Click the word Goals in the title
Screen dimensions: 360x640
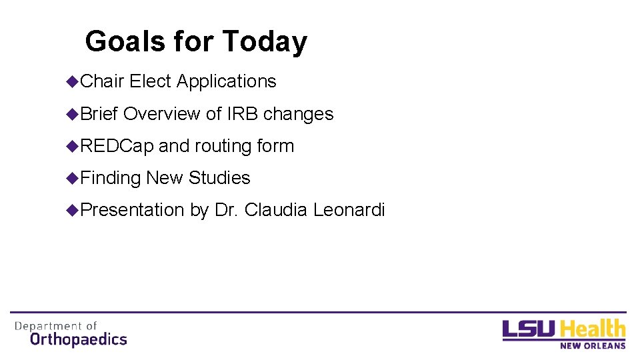pyautogui.click(x=124, y=41)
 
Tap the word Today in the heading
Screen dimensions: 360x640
pyautogui.click(x=265, y=41)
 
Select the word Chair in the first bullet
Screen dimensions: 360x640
pyautogui.click(x=102, y=81)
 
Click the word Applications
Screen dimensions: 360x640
pyautogui.click(x=226, y=81)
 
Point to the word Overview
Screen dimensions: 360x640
pyautogui.click(x=162, y=114)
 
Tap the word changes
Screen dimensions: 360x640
pyautogui.click(x=299, y=114)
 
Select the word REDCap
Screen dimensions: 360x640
pyautogui.click(x=117, y=146)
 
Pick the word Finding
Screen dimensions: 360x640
pyautogui.click(x=111, y=178)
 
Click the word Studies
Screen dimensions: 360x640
pyautogui.click(x=219, y=178)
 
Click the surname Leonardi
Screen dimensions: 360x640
pyautogui.click(x=349, y=210)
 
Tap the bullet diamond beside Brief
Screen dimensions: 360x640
pyautogui.click(x=72, y=114)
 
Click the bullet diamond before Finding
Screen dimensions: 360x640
pyautogui.click(x=72, y=178)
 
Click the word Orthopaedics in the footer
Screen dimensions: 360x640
pyautogui.click(x=79, y=339)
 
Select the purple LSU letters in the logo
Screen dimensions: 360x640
pyautogui.click(x=529, y=330)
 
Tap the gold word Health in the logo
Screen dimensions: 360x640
pyautogui.click(x=593, y=329)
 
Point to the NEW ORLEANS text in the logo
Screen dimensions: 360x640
pyautogui.click(x=593, y=345)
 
